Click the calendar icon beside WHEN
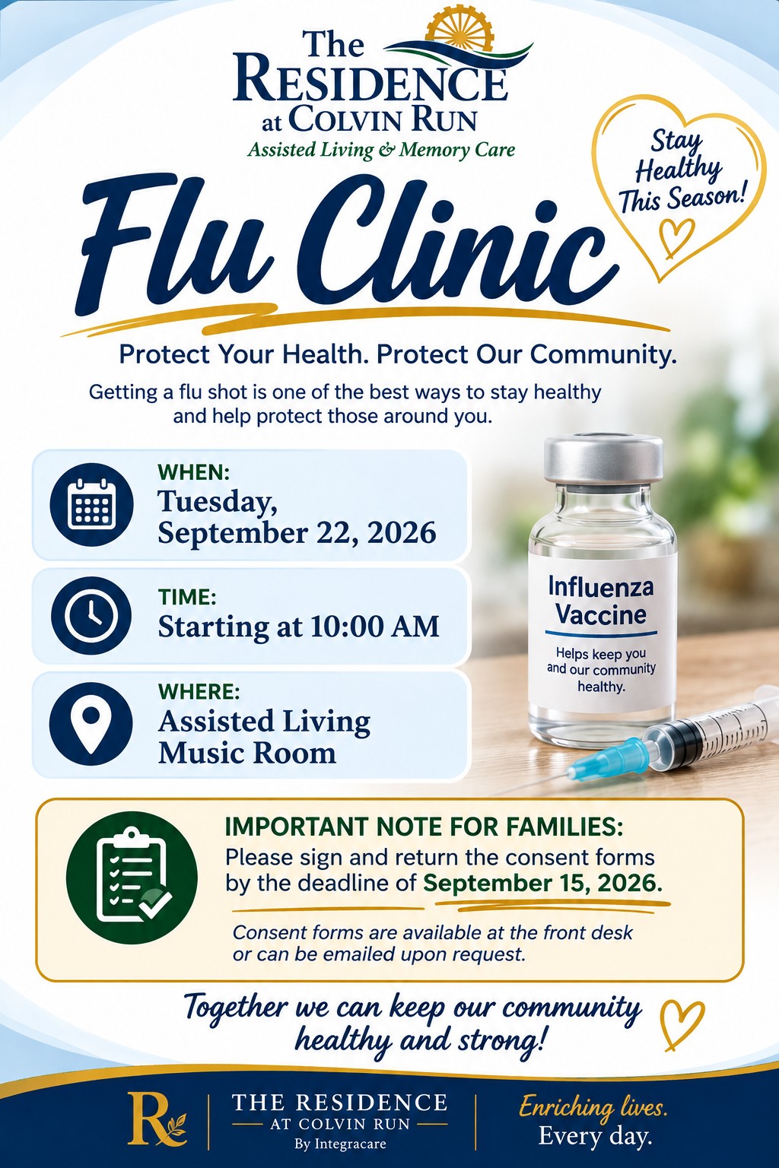(92, 504)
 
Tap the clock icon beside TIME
(91, 615)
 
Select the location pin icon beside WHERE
(91, 724)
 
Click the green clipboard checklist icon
(132, 878)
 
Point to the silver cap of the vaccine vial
(604, 459)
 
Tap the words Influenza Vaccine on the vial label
(600, 600)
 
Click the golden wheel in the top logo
(459, 29)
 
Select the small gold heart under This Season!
(677, 237)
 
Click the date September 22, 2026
(297, 533)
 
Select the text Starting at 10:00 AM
(298, 627)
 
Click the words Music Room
(246, 754)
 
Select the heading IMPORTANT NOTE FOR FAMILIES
(424, 827)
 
